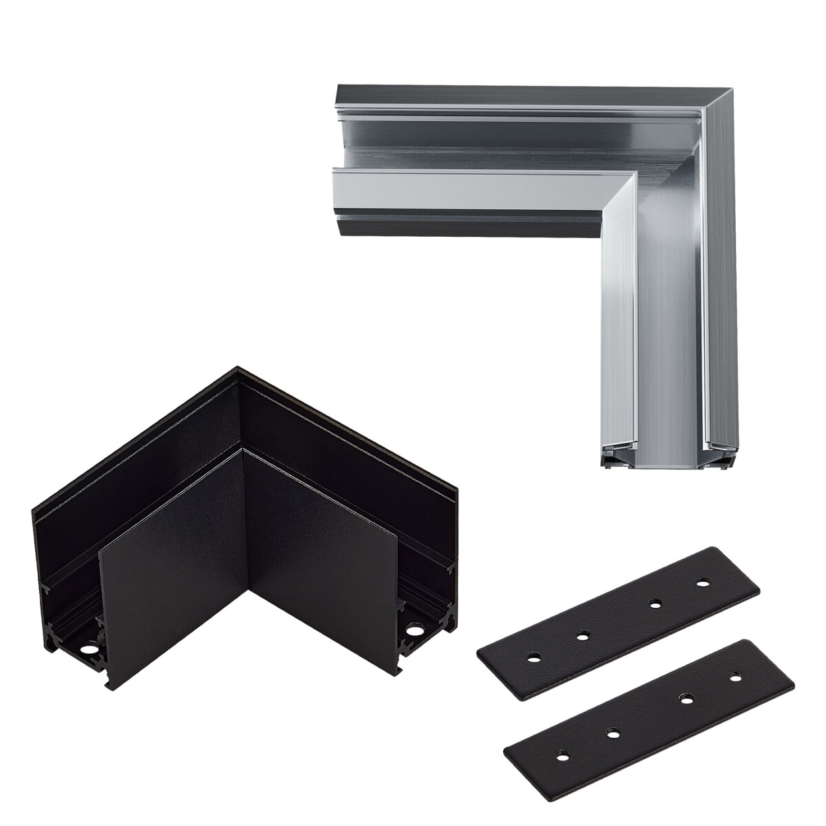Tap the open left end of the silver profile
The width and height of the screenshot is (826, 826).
[335, 155]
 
